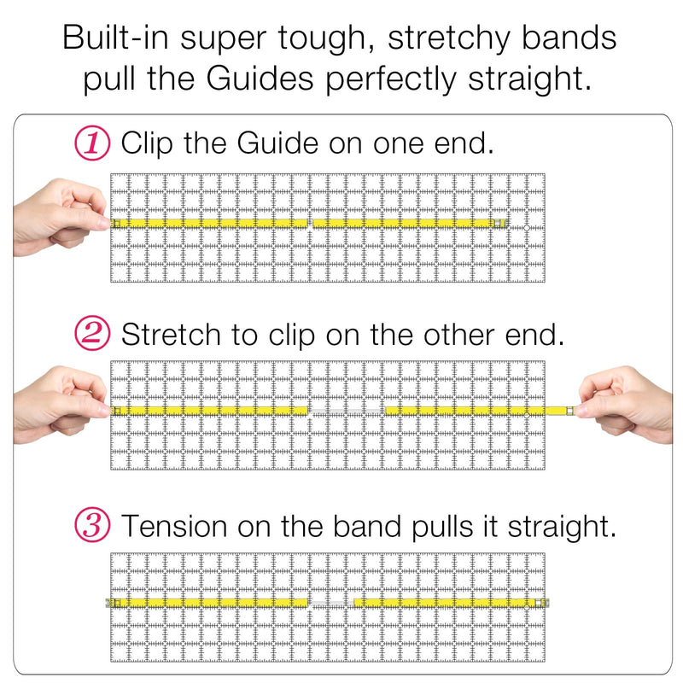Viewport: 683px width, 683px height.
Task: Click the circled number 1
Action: [92, 143]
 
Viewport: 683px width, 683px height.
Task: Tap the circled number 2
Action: [92, 334]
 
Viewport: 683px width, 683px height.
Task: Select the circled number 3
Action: [92, 524]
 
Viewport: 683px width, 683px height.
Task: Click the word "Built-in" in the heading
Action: [116, 38]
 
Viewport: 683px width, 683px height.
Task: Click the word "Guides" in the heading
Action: [260, 79]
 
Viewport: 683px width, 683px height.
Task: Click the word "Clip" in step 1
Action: [148, 143]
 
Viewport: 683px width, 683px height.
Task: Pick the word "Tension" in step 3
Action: [174, 526]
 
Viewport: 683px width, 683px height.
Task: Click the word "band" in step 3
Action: [367, 526]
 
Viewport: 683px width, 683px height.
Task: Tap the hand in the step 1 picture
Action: [61, 217]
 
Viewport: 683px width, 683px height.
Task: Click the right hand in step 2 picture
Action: [624, 405]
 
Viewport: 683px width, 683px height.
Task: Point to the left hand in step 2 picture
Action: [61, 405]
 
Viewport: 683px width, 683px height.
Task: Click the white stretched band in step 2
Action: [347, 412]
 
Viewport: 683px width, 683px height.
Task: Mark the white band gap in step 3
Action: [331, 604]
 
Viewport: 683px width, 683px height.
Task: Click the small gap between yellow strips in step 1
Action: [310, 224]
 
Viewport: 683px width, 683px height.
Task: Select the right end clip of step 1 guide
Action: [500, 224]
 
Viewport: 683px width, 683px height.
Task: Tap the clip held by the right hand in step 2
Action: [569, 411]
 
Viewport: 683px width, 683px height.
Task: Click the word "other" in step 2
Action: [459, 335]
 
